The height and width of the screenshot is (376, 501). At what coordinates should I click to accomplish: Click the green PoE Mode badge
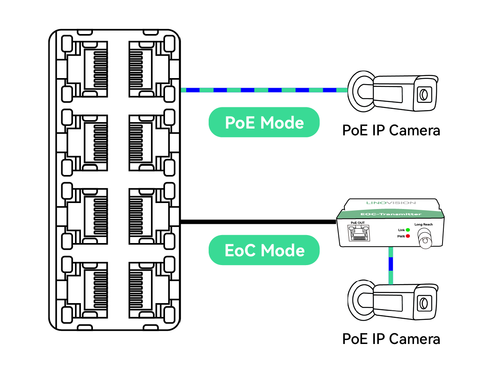(264, 122)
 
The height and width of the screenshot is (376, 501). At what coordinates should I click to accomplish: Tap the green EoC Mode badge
(264, 250)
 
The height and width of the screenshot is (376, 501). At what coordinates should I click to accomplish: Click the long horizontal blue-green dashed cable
(264, 90)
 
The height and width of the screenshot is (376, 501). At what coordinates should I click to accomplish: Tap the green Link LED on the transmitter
(408, 230)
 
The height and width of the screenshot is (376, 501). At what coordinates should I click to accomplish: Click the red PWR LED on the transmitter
(408, 236)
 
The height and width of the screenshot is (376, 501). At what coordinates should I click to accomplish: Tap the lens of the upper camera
(423, 95)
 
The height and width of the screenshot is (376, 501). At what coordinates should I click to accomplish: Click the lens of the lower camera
(423, 303)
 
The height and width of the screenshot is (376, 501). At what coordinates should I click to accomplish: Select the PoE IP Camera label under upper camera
(391, 131)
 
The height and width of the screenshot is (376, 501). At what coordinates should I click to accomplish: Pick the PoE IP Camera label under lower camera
(391, 339)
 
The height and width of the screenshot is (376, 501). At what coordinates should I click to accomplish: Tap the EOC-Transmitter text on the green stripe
(391, 215)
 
